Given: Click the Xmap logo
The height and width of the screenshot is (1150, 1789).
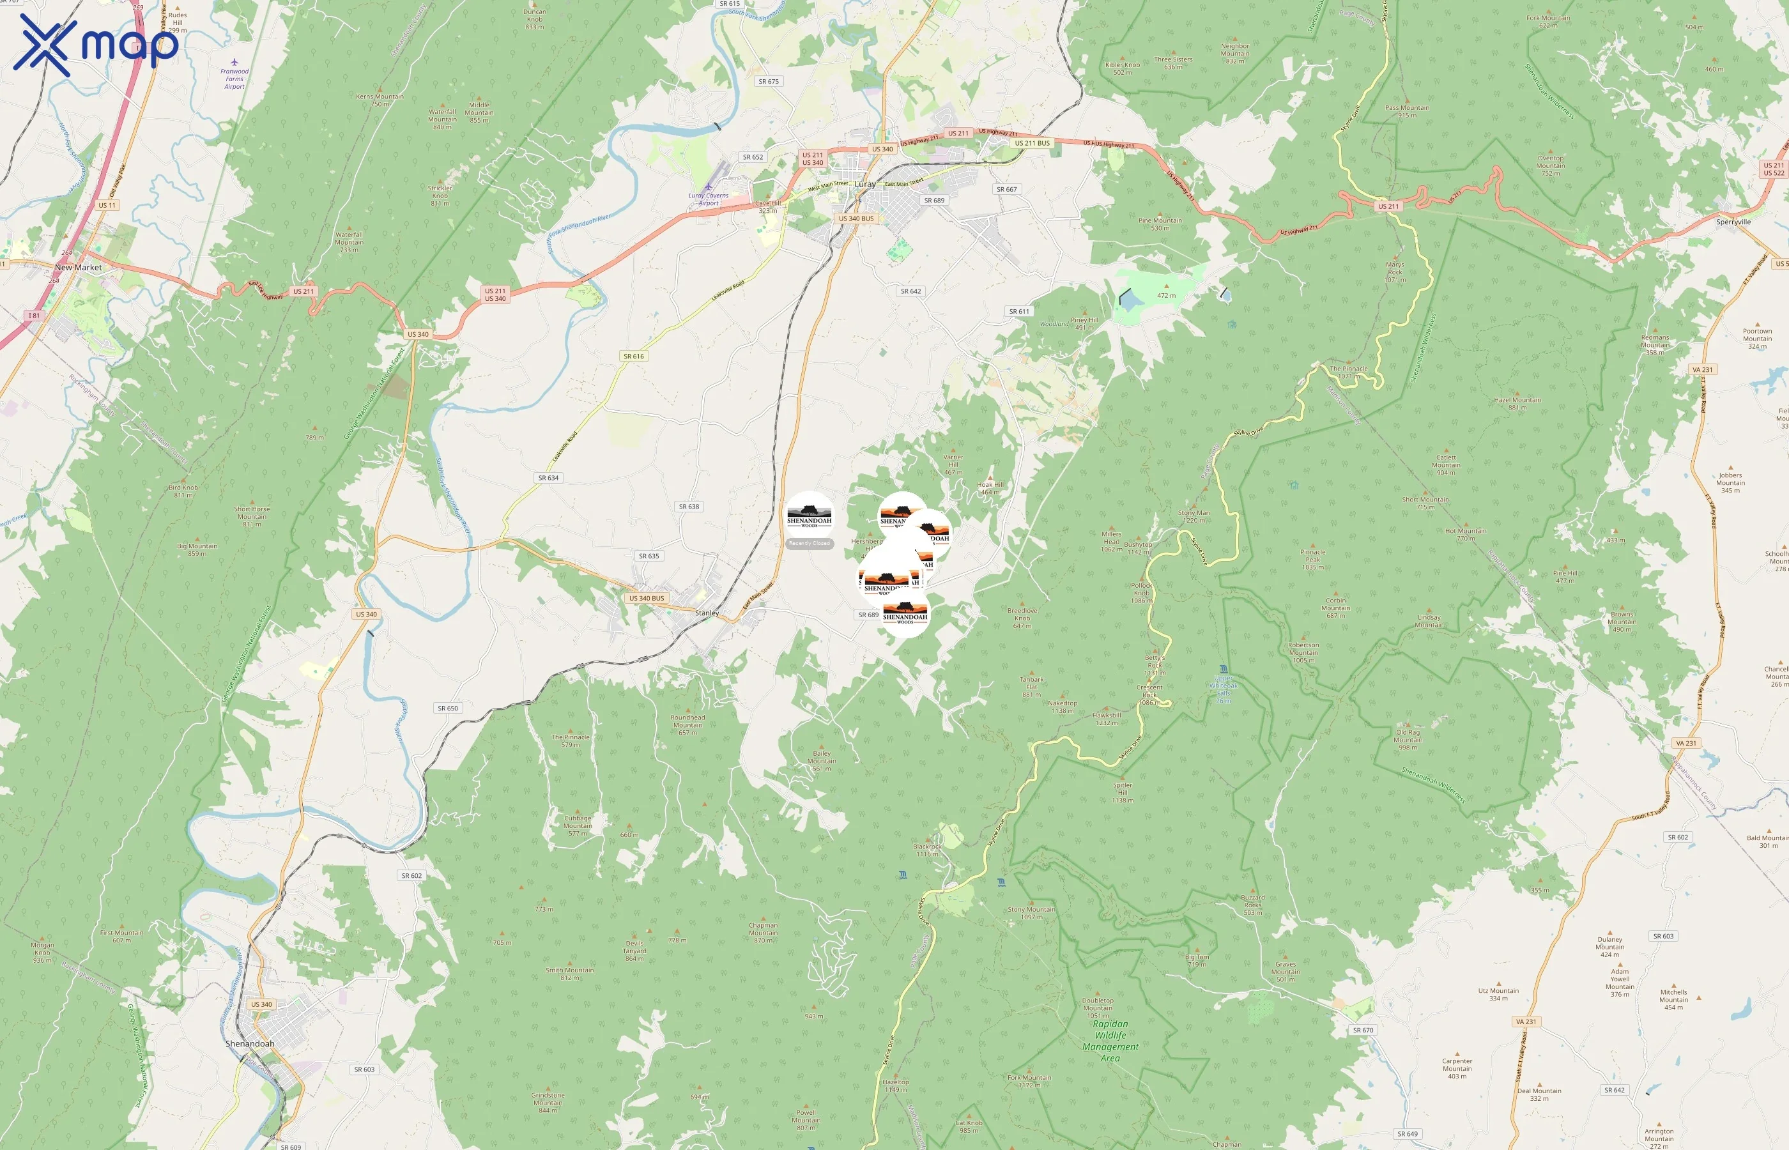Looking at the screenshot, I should click(x=96, y=44).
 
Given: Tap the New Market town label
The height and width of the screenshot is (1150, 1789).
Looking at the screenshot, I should click(x=79, y=267).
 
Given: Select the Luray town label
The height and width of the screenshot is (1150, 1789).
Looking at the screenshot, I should click(x=864, y=185).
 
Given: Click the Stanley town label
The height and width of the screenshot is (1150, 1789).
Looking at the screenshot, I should click(x=707, y=613).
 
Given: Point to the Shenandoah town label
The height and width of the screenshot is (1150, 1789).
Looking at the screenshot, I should click(x=249, y=1044).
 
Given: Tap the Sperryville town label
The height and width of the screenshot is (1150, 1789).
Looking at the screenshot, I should click(x=1733, y=222).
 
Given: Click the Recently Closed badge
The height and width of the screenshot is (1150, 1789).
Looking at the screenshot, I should click(x=810, y=544).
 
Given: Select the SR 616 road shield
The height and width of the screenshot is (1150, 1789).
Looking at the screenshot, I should click(x=633, y=356).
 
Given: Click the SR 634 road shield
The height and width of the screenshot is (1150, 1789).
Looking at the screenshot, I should click(x=548, y=478).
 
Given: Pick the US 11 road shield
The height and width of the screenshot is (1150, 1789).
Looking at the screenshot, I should click(x=107, y=205).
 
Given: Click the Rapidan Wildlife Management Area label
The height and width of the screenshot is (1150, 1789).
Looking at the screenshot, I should click(x=1110, y=1041).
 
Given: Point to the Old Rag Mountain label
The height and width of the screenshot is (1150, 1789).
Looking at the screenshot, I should click(x=1408, y=740).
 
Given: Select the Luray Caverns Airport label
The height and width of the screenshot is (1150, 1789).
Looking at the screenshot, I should click(x=708, y=199).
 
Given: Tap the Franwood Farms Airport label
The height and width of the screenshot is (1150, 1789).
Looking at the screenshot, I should click(x=234, y=79).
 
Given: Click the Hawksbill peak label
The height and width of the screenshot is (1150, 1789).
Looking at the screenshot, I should click(x=1107, y=718).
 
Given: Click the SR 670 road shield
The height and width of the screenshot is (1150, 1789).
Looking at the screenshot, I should click(x=1363, y=1030).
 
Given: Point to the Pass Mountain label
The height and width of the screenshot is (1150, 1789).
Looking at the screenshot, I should click(x=1407, y=111).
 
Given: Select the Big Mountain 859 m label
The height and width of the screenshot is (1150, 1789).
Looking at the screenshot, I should click(x=197, y=549).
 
